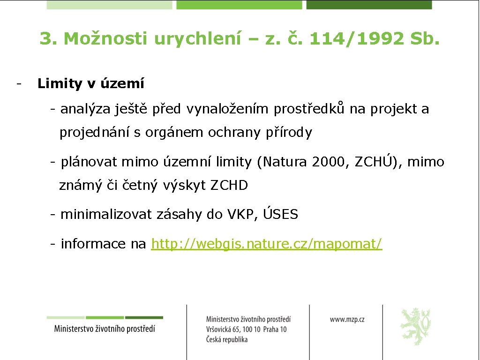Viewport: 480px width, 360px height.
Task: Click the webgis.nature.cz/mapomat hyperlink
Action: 267,244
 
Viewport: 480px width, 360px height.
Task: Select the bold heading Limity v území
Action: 91,84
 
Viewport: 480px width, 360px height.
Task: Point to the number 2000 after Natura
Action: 330,162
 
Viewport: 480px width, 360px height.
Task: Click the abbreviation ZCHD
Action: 229,186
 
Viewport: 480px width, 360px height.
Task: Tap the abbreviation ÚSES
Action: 280,214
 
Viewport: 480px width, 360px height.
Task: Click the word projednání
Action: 95,133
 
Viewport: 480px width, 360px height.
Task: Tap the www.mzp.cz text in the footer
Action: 347,319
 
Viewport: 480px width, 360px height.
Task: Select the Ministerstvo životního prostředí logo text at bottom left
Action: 105,328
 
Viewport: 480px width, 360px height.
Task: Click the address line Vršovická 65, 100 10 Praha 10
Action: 246,330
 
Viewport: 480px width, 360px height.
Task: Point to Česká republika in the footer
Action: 227,339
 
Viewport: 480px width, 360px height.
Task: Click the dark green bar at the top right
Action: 369,5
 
